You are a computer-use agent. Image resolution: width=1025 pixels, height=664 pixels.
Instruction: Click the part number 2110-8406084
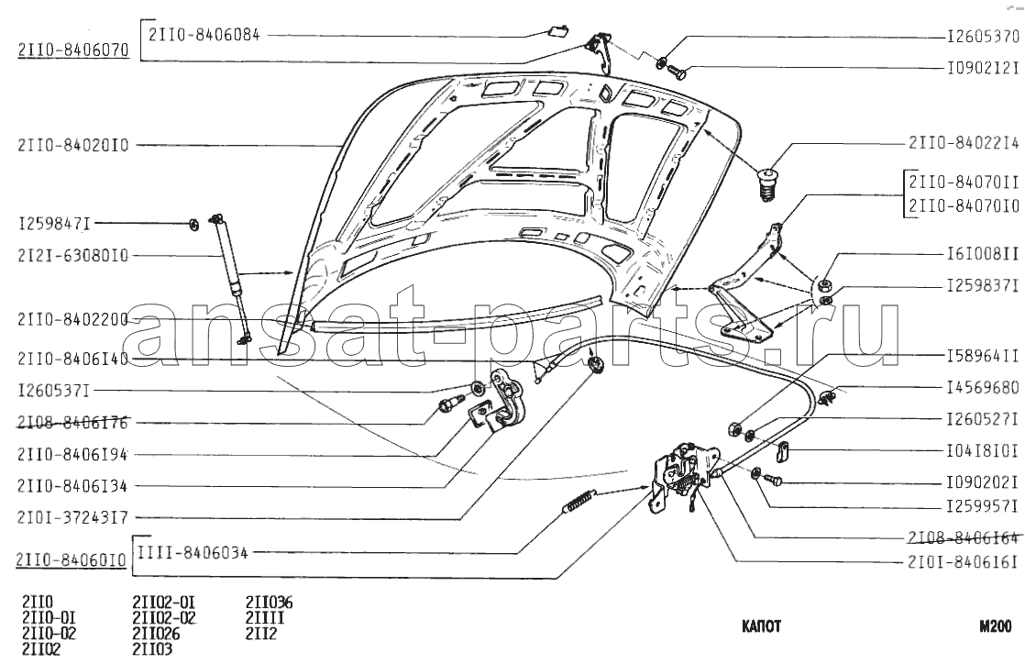click(x=204, y=35)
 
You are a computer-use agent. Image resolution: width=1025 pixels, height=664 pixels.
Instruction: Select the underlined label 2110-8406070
click(x=73, y=50)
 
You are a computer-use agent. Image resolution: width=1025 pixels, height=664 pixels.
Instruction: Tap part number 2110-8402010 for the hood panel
click(x=73, y=145)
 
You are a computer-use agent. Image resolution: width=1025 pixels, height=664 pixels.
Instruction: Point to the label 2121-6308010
click(x=73, y=256)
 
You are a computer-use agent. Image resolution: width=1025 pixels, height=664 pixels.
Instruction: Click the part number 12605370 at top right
click(x=983, y=37)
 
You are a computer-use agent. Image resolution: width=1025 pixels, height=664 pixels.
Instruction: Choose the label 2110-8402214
click(x=964, y=142)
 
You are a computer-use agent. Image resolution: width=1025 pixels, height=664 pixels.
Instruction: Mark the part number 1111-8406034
click(x=193, y=553)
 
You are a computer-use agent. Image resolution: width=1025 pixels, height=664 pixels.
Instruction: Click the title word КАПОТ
click(x=762, y=626)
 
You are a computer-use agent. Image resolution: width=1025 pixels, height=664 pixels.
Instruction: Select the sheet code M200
click(x=996, y=626)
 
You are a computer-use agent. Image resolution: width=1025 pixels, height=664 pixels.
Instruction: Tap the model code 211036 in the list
click(x=270, y=603)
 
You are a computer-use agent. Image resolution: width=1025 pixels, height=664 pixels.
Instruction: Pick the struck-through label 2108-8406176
click(x=73, y=424)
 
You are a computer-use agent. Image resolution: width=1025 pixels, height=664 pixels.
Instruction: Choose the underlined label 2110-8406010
click(x=72, y=561)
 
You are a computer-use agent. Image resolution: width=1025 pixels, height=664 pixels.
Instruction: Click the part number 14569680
click(x=983, y=388)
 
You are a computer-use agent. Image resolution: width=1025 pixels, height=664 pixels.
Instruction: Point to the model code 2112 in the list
click(x=261, y=634)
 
